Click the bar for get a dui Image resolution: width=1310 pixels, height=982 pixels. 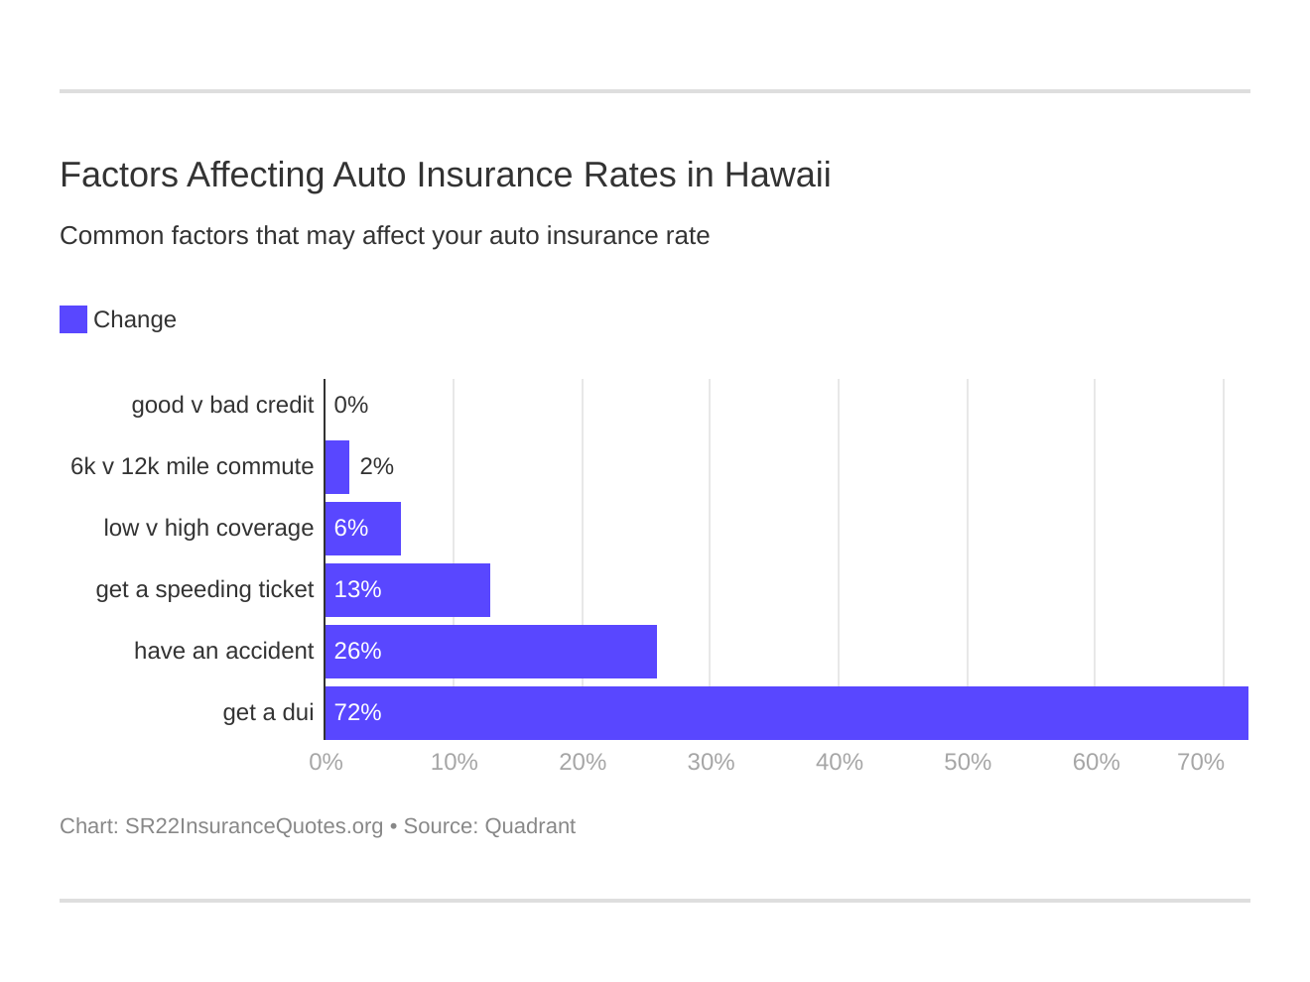[x=786, y=713]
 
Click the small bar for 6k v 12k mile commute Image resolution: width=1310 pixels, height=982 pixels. [x=337, y=467]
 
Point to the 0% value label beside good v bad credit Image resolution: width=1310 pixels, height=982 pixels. [x=351, y=406]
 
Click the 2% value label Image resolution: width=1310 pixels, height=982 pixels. [x=377, y=467]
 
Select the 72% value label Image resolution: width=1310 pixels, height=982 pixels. [x=357, y=713]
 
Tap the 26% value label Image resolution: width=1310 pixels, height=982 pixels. [x=357, y=652]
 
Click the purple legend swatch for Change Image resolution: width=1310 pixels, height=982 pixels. [x=73, y=319]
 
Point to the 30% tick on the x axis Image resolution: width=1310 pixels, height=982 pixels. [x=711, y=763]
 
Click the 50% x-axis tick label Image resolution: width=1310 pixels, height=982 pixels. [x=968, y=763]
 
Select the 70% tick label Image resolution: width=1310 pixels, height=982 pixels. [x=1200, y=763]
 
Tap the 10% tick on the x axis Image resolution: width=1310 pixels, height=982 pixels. [x=455, y=763]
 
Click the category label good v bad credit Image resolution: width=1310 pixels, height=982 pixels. [x=222, y=406]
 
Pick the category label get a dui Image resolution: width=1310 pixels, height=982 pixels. [x=268, y=713]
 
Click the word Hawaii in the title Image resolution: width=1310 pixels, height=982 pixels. [x=777, y=176]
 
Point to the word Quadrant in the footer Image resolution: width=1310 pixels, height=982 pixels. [x=530, y=826]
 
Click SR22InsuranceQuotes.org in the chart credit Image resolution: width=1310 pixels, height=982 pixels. [x=254, y=826]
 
